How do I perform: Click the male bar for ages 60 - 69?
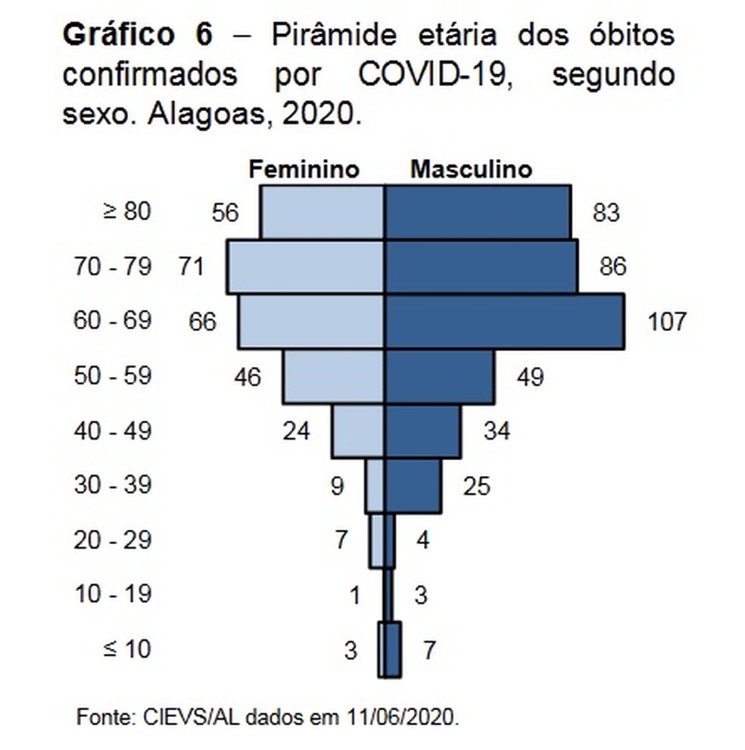[x=504, y=322]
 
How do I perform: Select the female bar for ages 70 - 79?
[x=305, y=266]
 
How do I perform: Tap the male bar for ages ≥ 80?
[x=477, y=212]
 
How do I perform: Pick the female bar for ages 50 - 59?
[x=333, y=376]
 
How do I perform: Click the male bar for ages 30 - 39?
[x=413, y=485]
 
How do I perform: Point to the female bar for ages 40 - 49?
[x=357, y=431]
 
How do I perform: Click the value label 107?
[x=667, y=322]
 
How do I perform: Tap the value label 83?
[x=606, y=213]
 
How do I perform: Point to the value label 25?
[x=477, y=486]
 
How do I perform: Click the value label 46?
[x=248, y=377]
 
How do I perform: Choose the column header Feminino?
[x=304, y=169]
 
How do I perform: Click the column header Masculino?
[x=471, y=169]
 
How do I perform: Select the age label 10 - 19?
[x=113, y=595]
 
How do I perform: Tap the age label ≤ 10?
[x=126, y=649]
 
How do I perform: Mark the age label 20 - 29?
[x=113, y=540]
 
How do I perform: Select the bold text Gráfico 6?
[x=138, y=36]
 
